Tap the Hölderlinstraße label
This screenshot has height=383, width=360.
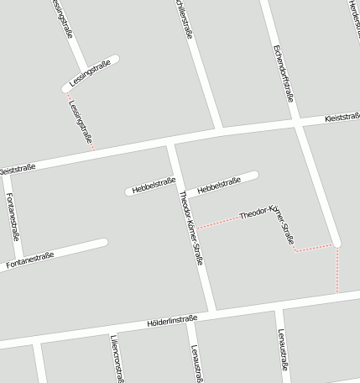click(171, 320)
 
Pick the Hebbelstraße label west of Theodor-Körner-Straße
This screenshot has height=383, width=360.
click(152, 186)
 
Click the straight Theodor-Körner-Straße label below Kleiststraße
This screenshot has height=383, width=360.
click(190, 227)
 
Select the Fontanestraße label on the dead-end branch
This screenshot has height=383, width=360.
click(29, 260)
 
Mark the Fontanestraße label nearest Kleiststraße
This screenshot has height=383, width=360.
click(12, 213)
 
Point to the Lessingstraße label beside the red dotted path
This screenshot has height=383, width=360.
click(80, 118)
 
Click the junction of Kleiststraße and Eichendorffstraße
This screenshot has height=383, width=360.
click(298, 123)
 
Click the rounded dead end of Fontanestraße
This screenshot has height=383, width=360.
click(103, 244)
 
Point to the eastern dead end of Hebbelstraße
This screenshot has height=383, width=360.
click(254, 175)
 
